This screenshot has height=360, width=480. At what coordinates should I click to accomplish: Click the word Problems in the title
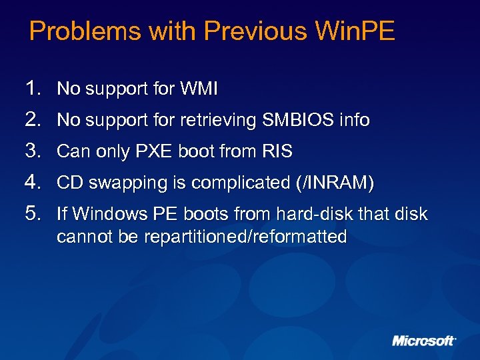click(x=70, y=31)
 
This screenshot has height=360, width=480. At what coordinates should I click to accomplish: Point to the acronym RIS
click(x=277, y=151)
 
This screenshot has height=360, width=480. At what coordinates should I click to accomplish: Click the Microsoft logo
click(x=424, y=341)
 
